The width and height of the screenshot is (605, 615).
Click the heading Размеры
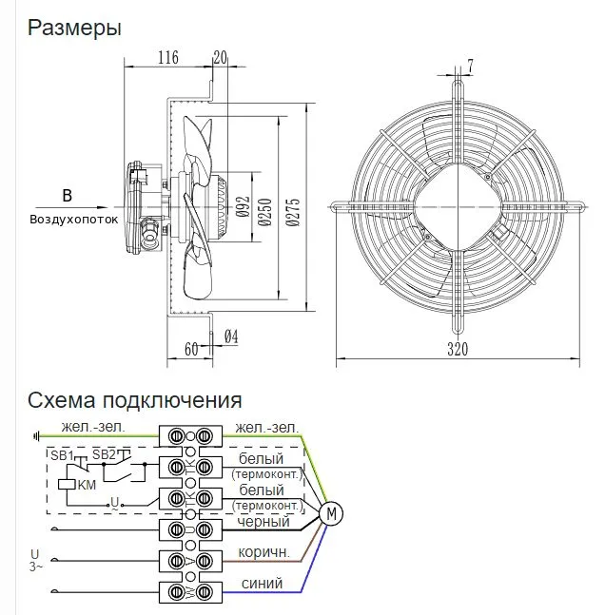74,29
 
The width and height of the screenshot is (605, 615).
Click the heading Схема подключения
135,401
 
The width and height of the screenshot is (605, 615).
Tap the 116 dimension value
168,58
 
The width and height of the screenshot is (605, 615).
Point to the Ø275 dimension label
293,212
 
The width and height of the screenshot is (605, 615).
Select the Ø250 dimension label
265,212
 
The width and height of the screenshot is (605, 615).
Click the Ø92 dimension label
243,206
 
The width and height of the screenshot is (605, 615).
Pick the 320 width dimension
458,349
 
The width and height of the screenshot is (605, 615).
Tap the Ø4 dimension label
231,336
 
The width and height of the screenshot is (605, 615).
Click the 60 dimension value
191,349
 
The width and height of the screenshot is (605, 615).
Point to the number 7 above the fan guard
470,66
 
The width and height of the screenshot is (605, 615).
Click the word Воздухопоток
74,219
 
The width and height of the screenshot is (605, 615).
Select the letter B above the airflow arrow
68,195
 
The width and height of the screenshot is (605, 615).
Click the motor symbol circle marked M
331,513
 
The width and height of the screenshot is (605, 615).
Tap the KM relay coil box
67,485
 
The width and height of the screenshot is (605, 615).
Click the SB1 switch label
62,455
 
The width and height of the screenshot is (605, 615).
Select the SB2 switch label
104,454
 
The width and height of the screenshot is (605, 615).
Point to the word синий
262,584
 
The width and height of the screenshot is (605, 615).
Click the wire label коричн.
263,552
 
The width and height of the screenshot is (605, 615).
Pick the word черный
263,522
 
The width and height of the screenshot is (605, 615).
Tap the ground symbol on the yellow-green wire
36,435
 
